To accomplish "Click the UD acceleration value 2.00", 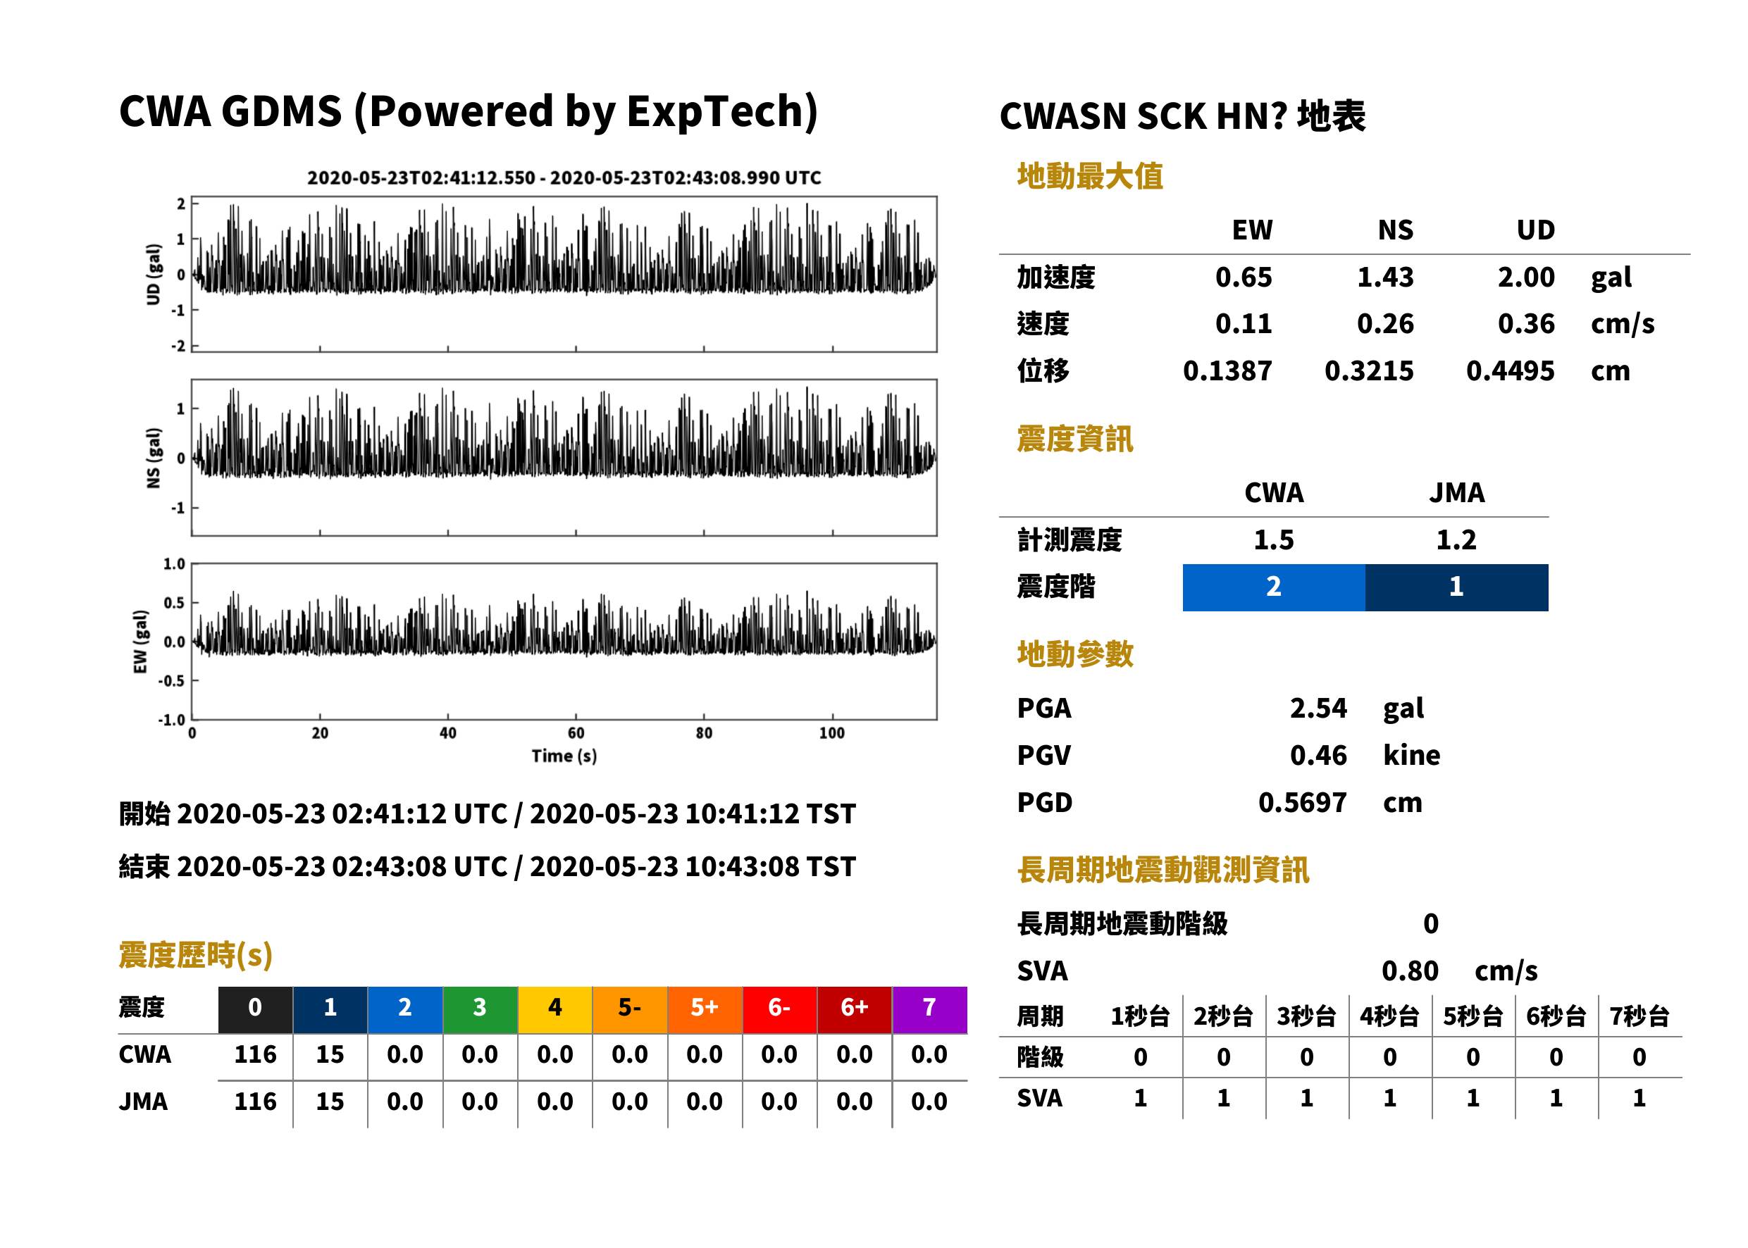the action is click(x=1526, y=277).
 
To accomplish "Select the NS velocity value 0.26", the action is click(x=1385, y=324).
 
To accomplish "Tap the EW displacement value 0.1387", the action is click(x=1227, y=371).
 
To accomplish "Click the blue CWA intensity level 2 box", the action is click(x=1274, y=587).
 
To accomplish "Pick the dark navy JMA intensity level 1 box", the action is click(x=1457, y=587).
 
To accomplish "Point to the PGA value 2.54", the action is click(x=1318, y=709).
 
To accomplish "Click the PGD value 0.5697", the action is click(x=1302, y=803).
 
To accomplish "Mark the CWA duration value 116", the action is click(x=255, y=1055).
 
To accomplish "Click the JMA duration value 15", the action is click(x=330, y=1102).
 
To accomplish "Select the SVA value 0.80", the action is click(x=1410, y=971).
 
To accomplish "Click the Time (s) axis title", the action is click(x=564, y=756).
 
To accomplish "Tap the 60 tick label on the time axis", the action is click(x=576, y=733).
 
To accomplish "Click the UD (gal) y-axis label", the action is click(x=154, y=275).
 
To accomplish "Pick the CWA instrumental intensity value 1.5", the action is click(x=1274, y=540).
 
